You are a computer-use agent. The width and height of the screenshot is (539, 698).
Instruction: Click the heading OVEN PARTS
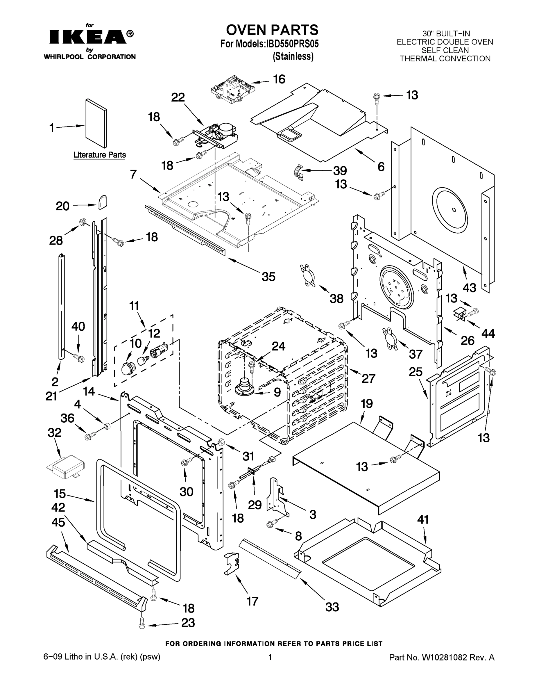click(x=272, y=30)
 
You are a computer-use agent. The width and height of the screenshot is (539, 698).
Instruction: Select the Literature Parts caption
click(x=100, y=155)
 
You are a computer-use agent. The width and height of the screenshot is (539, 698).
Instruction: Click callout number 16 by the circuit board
click(x=279, y=79)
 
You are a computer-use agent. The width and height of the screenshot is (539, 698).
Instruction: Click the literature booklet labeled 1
click(x=96, y=123)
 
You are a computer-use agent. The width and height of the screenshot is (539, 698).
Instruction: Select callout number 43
click(x=469, y=288)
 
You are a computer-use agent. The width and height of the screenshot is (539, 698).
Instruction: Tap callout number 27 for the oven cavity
click(x=368, y=378)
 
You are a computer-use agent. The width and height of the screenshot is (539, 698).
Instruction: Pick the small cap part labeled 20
click(x=103, y=202)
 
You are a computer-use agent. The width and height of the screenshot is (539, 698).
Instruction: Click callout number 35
click(x=268, y=277)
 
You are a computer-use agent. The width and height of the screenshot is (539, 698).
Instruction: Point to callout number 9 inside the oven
click(x=277, y=392)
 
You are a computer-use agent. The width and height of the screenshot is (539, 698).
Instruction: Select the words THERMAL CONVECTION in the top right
click(x=445, y=59)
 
